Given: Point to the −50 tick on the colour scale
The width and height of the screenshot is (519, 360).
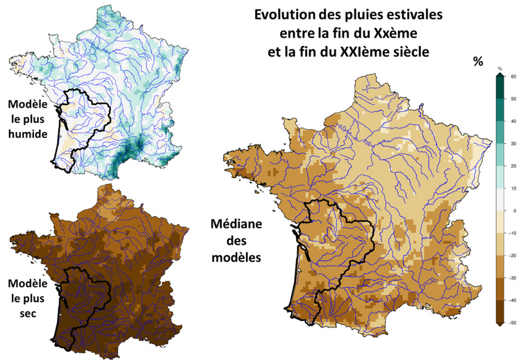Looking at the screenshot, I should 512,323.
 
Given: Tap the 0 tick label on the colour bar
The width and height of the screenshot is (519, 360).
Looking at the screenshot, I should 512,211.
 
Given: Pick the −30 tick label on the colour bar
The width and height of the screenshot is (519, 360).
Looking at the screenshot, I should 512,278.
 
